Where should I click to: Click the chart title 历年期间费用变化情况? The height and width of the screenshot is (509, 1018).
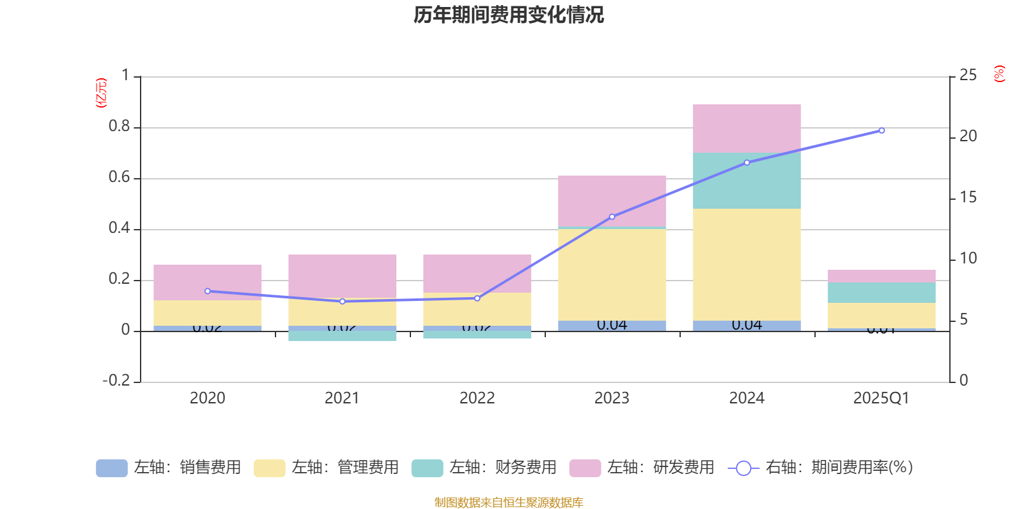pos(508,15)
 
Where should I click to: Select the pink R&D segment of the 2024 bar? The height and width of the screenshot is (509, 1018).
pos(746,129)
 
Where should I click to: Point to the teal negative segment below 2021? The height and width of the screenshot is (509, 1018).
pos(342,336)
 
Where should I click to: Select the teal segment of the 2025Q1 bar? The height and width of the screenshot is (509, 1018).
pos(881,292)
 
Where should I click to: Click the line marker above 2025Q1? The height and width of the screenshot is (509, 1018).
pos(881,130)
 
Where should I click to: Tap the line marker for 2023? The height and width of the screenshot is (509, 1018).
pos(612,217)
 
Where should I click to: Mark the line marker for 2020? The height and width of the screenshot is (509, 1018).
pos(207,291)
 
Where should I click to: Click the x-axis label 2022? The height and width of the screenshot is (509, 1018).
pos(477,398)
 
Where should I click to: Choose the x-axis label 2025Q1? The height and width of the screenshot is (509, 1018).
pos(881,398)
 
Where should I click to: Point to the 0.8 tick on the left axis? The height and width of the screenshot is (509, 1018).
pos(119,127)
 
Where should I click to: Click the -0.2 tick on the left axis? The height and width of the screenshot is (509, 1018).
pos(116,380)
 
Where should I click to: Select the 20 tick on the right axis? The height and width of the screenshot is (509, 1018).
pos(968,136)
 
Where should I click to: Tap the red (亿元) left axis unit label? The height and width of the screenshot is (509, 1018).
pos(101,93)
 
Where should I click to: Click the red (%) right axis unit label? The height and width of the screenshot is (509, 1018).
pos(999,74)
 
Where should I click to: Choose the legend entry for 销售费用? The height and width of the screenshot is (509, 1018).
pos(169,468)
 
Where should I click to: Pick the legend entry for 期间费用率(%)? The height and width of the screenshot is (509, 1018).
pos(821,468)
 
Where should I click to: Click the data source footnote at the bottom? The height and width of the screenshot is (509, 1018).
pos(508,503)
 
